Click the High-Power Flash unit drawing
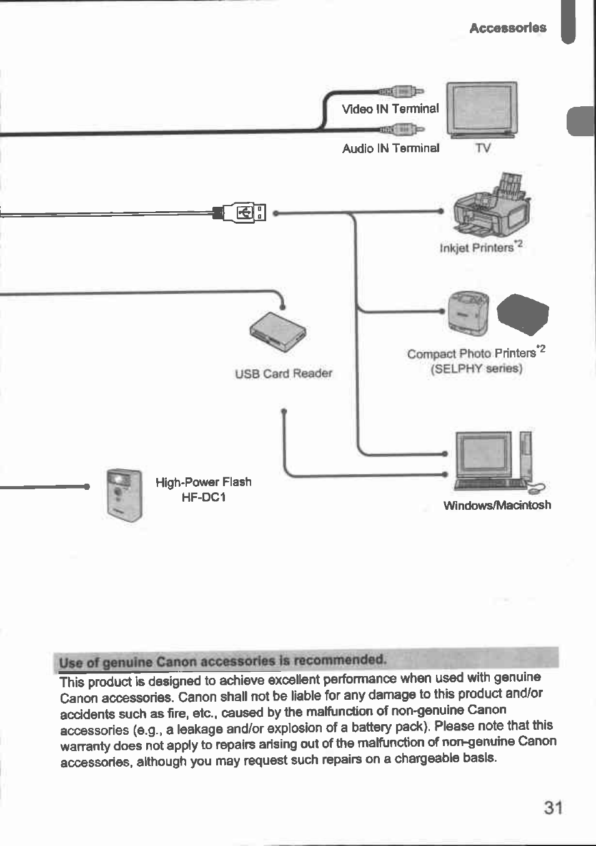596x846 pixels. (x=124, y=494)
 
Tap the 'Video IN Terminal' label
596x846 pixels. (x=390, y=109)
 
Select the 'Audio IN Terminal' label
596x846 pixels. (x=390, y=148)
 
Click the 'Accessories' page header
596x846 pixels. (x=507, y=28)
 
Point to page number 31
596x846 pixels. (x=553, y=808)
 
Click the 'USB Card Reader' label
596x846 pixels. (x=283, y=374)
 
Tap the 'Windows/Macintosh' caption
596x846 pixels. (x=497, y=505)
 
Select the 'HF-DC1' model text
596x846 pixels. (x=203, y=497)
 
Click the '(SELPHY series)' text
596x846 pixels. (x=476, y=368)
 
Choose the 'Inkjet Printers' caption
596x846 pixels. (x=477, y=248)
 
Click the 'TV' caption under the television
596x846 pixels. (x=482, y=148)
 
